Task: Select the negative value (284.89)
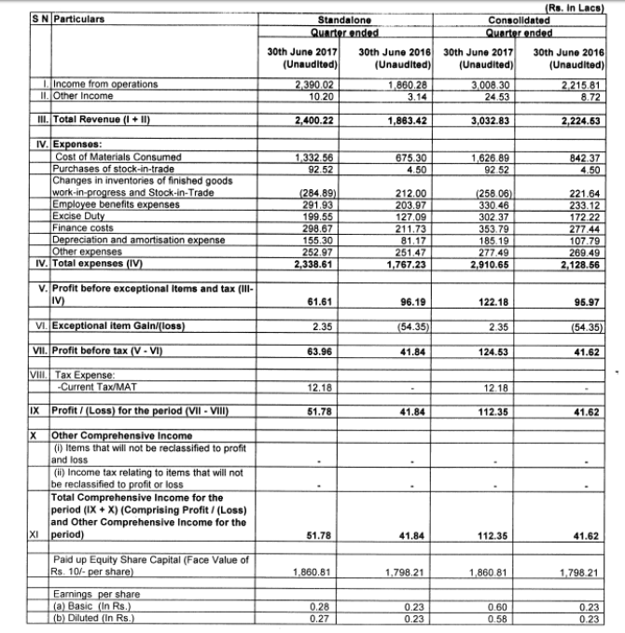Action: click(312, 193)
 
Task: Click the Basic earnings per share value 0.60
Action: click(493, 608)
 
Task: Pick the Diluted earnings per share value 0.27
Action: click(319, 617)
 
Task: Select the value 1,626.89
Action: click(490, 157)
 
